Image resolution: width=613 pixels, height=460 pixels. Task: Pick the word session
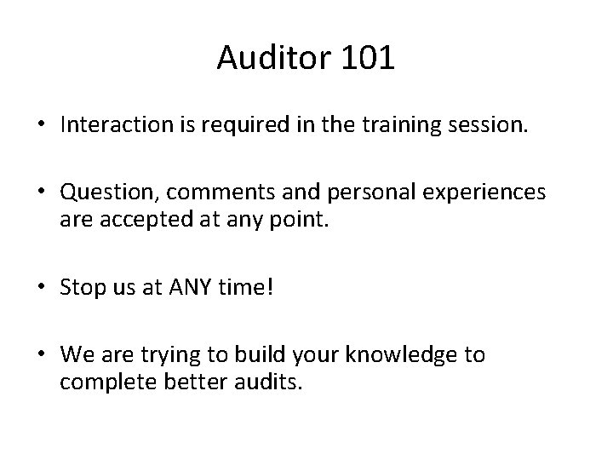[489, 126]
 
